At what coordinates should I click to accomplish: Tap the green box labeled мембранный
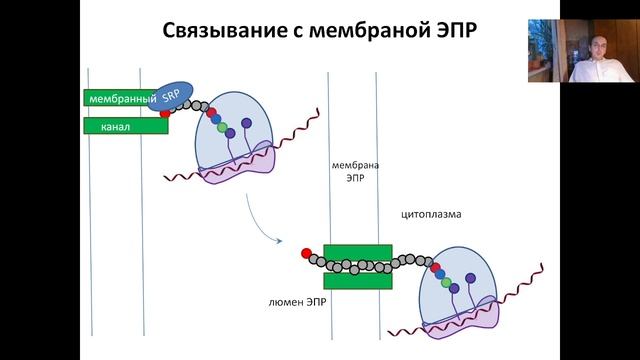point(120,99)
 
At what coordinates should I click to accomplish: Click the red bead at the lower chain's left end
point(306,253)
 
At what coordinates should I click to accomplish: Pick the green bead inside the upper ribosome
point(221,125)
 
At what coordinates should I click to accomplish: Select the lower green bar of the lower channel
point(355,279)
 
